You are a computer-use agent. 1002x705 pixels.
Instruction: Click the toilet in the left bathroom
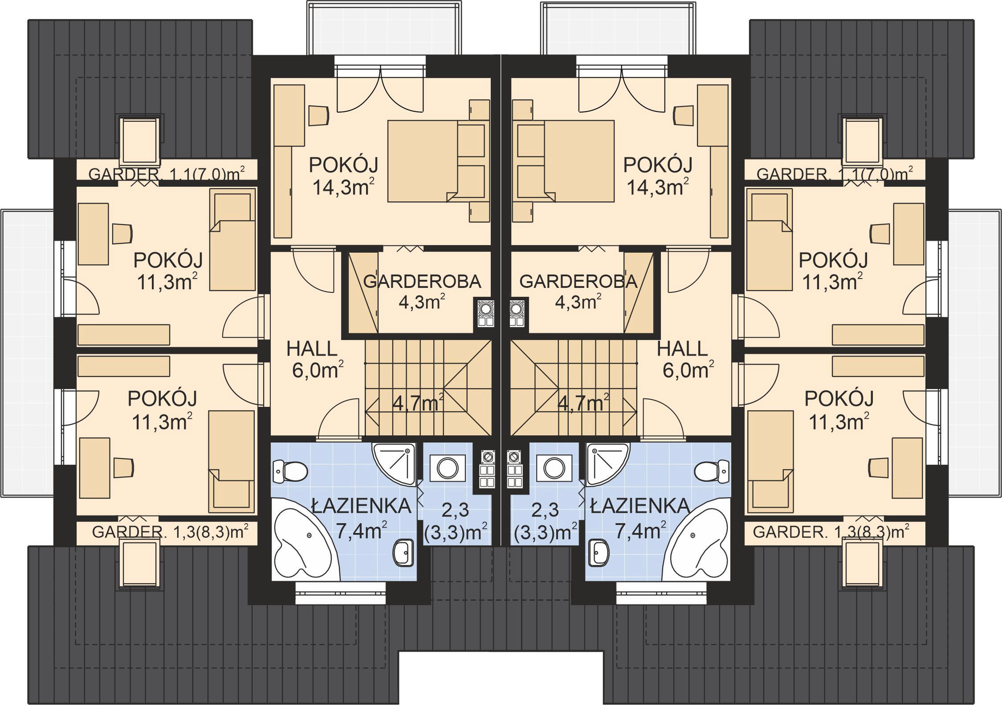290,471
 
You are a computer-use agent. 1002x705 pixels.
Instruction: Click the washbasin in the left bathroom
403,553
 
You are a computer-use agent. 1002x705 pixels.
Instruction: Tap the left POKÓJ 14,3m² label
343,176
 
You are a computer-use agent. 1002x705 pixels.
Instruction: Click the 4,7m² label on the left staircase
418,403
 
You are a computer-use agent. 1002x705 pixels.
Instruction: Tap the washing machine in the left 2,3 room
448,468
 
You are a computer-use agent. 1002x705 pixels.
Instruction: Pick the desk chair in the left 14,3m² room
319,115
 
